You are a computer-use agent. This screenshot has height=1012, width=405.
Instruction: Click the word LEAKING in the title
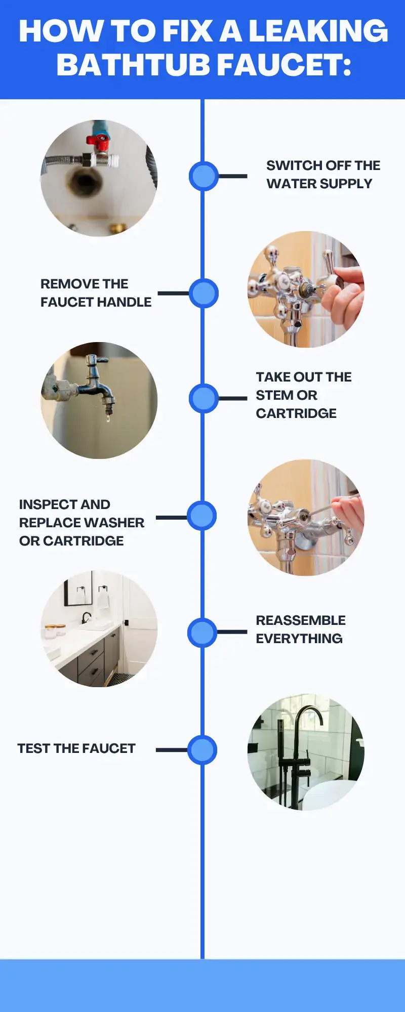point(318,31)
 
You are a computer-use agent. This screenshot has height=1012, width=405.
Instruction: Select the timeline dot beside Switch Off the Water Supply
point(204,176)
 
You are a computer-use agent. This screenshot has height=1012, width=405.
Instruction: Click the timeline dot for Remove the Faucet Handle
point(204,293)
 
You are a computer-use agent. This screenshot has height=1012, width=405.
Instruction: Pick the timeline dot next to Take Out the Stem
point(204,398)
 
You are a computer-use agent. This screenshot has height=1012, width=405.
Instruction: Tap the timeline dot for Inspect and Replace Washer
point(202,516)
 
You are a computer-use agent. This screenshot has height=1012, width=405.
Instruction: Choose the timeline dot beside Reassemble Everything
point(202,632)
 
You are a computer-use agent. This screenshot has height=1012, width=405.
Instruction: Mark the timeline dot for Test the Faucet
point(202,750)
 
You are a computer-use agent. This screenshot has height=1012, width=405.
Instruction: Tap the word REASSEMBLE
point(301,620)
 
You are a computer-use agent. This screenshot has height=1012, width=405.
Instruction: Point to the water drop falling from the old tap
point(108,418)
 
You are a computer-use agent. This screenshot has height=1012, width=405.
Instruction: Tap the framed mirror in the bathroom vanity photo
point(78,589)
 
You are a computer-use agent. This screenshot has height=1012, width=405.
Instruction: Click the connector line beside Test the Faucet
point(172,750)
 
